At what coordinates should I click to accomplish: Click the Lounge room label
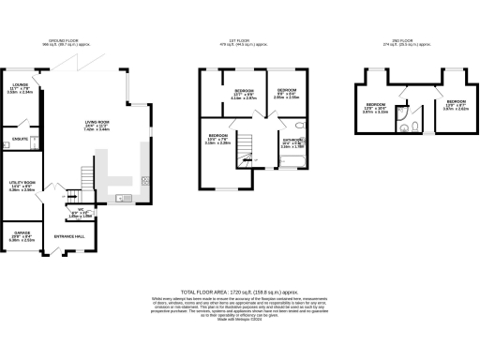pos(19,90)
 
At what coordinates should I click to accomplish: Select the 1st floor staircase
pos(247,150)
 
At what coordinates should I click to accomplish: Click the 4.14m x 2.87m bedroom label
pos(244,95)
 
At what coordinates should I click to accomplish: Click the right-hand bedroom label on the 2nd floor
pos(457,103)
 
